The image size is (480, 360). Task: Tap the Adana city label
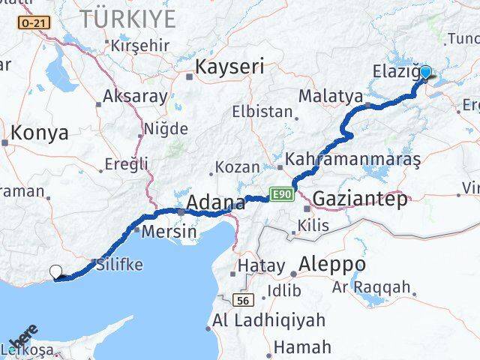215,202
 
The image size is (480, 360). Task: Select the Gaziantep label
360,199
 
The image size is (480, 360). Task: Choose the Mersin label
169,232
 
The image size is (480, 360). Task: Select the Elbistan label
263,112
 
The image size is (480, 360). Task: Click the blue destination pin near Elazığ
426,73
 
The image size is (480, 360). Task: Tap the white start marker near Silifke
56,272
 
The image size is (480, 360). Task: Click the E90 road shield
281,195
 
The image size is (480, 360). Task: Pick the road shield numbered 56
241,299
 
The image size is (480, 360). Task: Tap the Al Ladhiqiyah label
269,320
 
